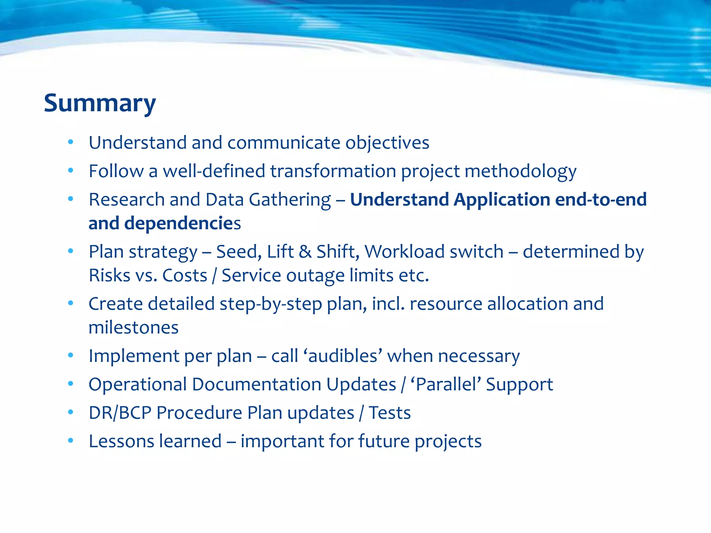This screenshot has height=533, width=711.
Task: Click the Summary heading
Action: coord(100,103)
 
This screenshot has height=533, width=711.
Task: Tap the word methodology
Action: coord(520,171)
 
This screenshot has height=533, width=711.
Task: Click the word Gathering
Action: coord(290,200)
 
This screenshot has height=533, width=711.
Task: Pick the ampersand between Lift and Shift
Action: coord(305,252)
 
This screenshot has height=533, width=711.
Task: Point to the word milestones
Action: coord(134,328)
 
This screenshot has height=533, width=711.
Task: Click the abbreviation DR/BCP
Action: coord(120,413)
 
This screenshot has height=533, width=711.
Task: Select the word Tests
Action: coord(390,413)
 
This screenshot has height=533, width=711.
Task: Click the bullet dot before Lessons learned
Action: coord(71,441)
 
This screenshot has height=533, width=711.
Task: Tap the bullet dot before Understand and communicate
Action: coord(71,142)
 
